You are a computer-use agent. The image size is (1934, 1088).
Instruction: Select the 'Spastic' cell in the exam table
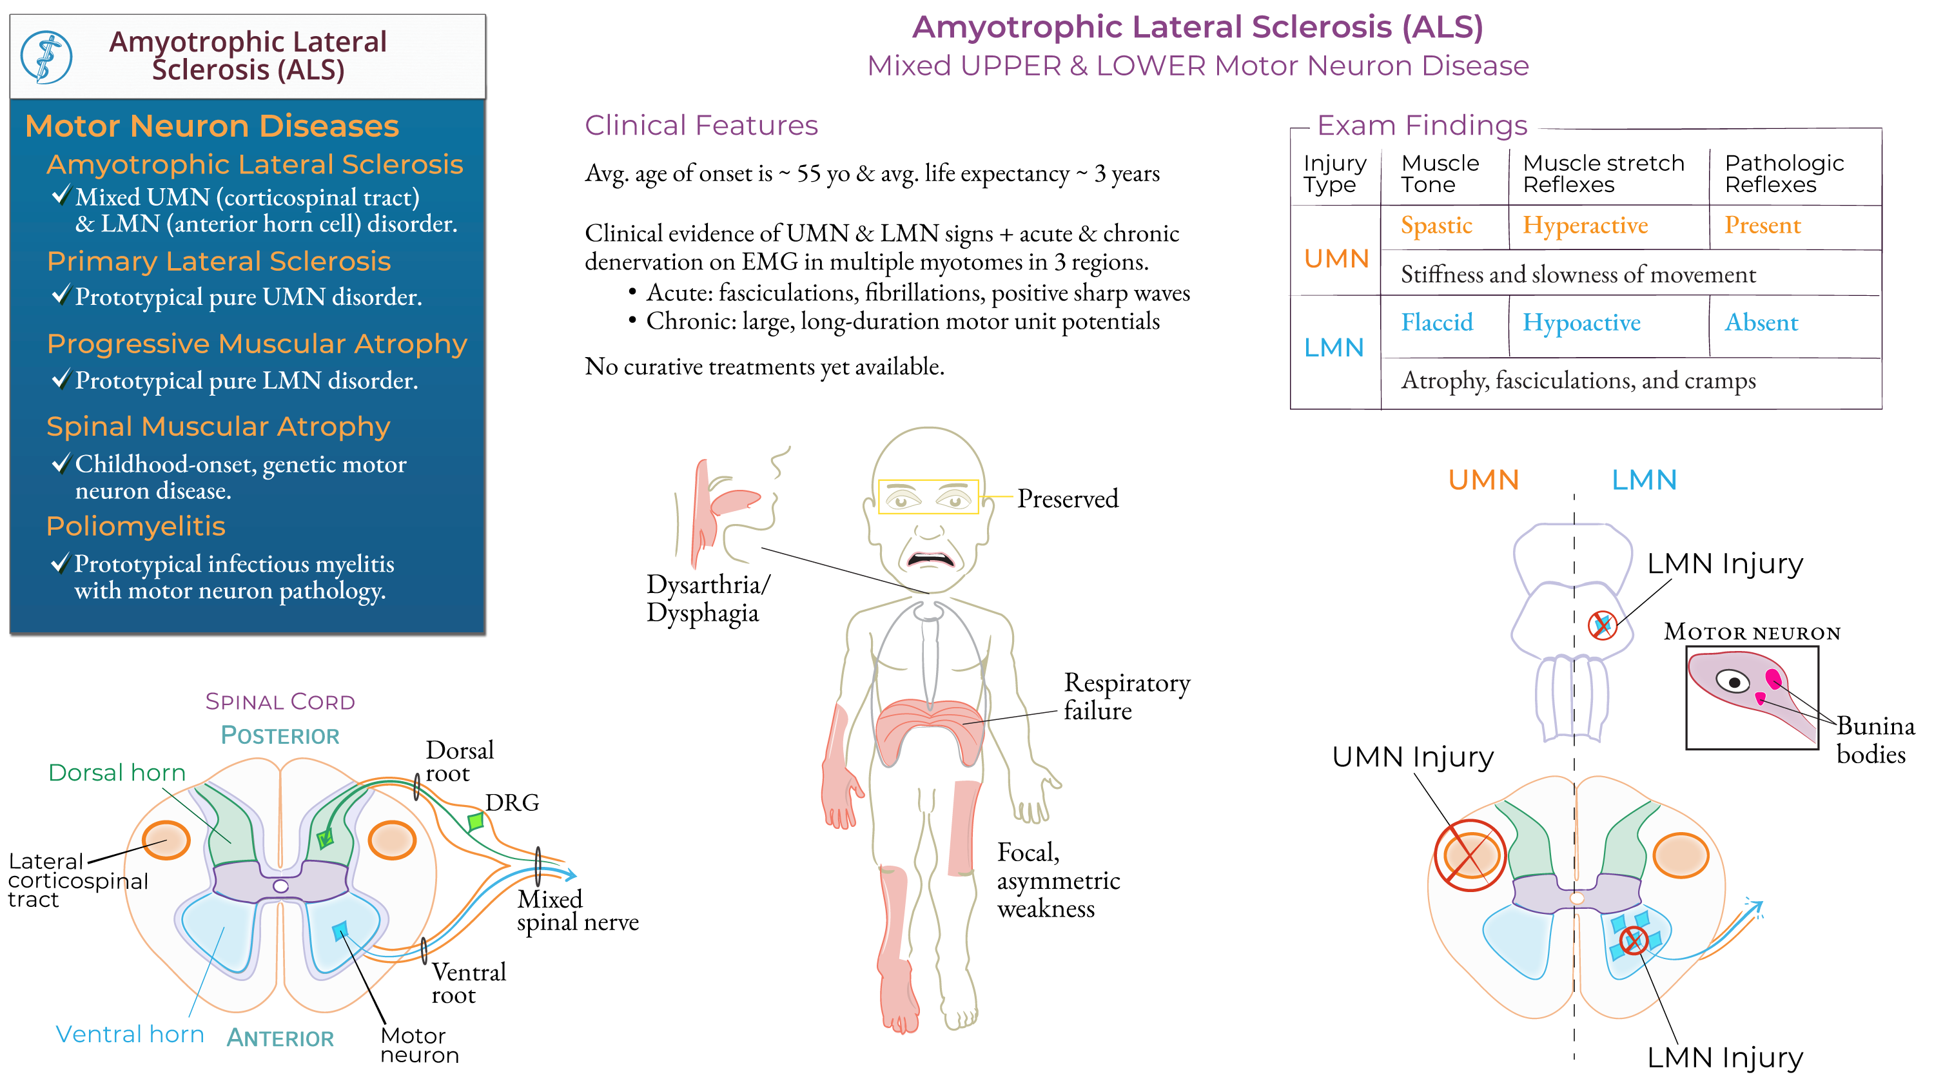[1436, 225]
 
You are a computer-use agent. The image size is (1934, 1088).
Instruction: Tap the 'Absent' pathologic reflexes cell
[1761, 323]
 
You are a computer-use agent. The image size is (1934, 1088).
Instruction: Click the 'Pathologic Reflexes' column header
[1783, 173]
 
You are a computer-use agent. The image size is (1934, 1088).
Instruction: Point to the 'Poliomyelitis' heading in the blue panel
[136, 527]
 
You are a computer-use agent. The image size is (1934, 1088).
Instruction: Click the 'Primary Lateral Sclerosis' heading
[219, 261]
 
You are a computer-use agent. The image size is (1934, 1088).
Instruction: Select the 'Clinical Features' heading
[701, 126]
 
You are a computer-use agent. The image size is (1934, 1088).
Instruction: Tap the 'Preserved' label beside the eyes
[1067, 499]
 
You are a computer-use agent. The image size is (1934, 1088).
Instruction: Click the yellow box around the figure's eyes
[928, 497]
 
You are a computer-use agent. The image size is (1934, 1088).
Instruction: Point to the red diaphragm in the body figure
[929, 724]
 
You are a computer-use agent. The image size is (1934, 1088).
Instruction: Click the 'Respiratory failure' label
[1126, 696]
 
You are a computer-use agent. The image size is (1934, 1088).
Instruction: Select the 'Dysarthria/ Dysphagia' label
[707, 598]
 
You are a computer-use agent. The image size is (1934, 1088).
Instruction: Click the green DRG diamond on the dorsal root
[475, 821]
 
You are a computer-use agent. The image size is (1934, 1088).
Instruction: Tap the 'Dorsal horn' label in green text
[117, 773]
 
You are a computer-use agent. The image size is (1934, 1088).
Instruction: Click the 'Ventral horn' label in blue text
[130, 1034]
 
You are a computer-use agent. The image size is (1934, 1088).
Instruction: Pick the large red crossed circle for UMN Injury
[1469, 855]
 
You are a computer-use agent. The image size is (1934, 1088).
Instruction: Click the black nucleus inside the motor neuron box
[1735, 683]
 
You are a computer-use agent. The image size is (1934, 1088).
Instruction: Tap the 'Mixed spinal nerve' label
[576, 910]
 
